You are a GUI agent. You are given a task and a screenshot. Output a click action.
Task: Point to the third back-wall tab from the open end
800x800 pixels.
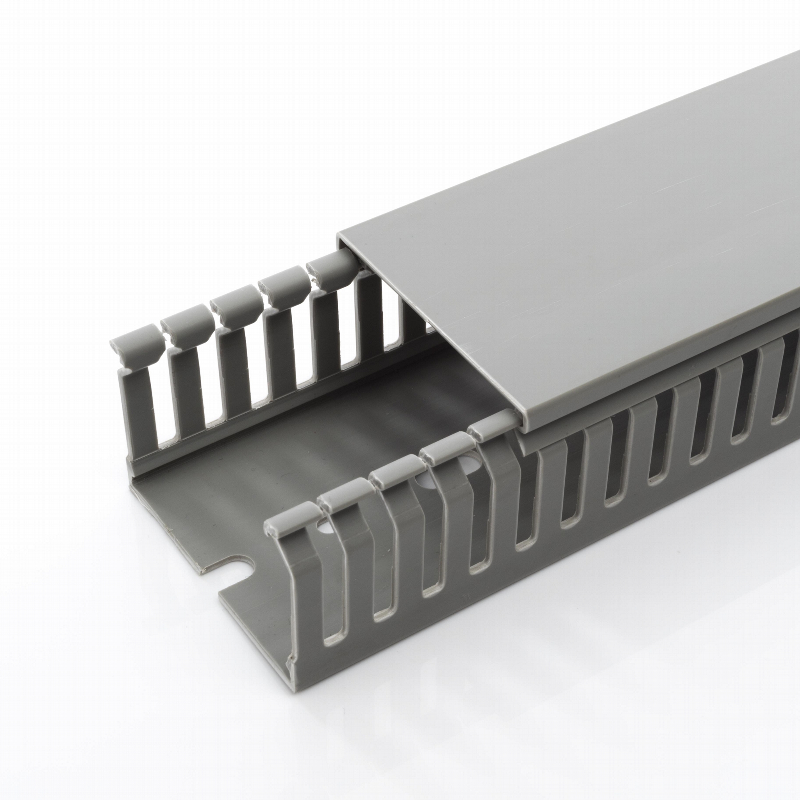pos(236,301)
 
